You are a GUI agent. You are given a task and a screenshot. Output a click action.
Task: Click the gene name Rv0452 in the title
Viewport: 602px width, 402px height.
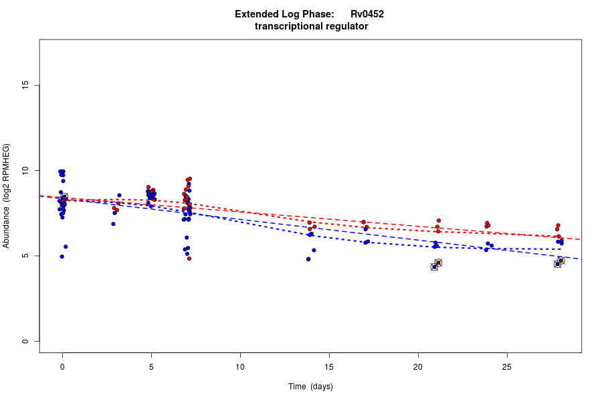click(x=367, y=14)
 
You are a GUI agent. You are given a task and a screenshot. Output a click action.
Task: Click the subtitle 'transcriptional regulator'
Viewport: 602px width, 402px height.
click(x=311, y=26)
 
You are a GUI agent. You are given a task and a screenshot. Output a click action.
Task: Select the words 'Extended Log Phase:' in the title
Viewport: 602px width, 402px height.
click(x=284, y=14)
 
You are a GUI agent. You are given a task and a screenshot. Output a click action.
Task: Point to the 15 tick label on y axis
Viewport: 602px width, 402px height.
click(x=25, y=85)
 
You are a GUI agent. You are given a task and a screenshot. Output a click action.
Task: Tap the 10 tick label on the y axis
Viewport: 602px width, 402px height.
click(x=25, y=171)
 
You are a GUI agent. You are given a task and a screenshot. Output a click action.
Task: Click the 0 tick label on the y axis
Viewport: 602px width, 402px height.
click(x=25, y=341)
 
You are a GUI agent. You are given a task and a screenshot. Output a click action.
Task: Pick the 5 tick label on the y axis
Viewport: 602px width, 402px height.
click(x=25, y=256)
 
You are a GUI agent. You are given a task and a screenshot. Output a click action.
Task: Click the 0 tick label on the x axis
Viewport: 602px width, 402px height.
click(x=62, y=366)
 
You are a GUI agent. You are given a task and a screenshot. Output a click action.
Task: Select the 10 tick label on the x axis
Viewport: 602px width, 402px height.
click(x=240, y=366)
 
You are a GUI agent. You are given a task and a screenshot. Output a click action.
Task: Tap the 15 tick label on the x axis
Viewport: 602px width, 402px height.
click(x=329, y=366)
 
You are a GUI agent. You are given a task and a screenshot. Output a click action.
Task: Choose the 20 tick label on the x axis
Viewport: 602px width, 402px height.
click(x=418, y=366)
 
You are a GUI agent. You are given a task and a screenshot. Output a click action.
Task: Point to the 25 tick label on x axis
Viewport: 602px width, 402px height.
click(x=507, y=366)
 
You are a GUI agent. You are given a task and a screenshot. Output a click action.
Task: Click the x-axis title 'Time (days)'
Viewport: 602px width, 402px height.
click(x=310, y=387)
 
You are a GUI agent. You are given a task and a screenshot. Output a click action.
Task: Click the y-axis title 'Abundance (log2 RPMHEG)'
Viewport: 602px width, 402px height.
click(x=7, y=196)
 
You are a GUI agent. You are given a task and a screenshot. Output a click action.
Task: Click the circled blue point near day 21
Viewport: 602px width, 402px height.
click(x=434, y=267)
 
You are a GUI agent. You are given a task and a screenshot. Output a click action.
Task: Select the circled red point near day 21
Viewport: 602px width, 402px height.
click(x=438, y=263)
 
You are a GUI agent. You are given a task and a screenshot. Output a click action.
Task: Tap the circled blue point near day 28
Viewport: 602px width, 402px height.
click(x=557, y=264)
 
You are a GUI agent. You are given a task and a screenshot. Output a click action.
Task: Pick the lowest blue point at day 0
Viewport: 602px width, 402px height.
click(x=62, y=257)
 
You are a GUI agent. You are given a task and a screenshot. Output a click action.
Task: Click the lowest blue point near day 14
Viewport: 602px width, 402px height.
click(x=308, y=259)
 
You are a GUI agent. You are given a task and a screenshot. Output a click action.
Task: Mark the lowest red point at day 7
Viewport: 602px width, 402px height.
click(x=189, y=258)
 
